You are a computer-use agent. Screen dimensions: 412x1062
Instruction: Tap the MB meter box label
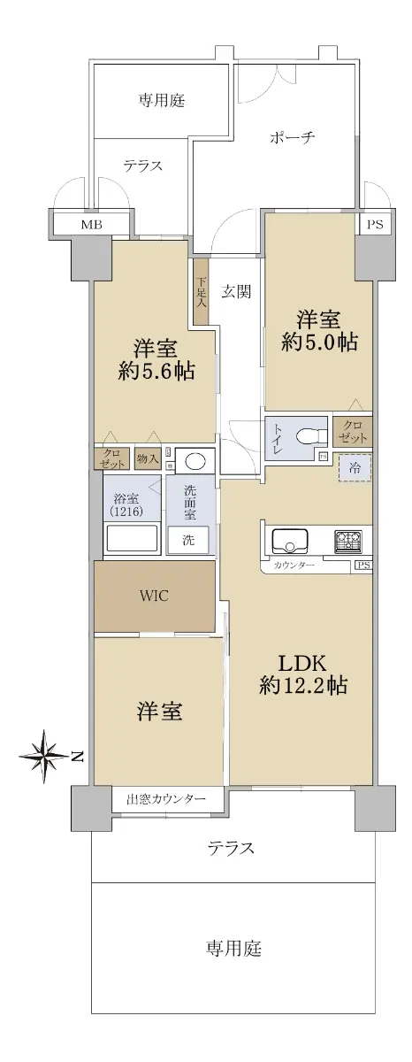[x=91, y=225]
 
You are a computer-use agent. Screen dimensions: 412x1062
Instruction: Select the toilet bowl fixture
[x=310, y=435]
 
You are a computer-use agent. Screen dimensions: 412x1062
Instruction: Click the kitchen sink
[x=289, y=540]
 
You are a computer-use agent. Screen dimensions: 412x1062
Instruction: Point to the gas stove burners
[x=348, y=541]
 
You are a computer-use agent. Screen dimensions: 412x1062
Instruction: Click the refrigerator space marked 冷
[x=355, y=467]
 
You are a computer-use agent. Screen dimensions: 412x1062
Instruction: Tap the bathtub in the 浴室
[x=131, y=539]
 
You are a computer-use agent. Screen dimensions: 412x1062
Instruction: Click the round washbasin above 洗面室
[x=195, y=461]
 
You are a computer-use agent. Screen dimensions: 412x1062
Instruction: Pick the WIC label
[x=155, y=596]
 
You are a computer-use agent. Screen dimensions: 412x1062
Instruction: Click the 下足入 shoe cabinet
[x=201, y=291]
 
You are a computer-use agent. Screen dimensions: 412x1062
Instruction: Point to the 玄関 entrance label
[x=236, y=291]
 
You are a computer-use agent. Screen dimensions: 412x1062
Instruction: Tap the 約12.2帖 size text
[x=303, y=685]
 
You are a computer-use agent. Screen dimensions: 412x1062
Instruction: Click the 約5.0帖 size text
[x=318, y=342]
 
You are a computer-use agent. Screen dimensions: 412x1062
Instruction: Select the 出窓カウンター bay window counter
[x=167, y=799]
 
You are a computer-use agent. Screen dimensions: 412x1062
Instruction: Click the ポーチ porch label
[x=292, y=138]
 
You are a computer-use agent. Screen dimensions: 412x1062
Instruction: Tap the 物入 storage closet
[x=148, y=458]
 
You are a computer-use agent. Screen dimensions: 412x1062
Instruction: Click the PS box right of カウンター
[x=363, y=566]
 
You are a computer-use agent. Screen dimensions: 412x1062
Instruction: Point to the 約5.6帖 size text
[x=156, y=371]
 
